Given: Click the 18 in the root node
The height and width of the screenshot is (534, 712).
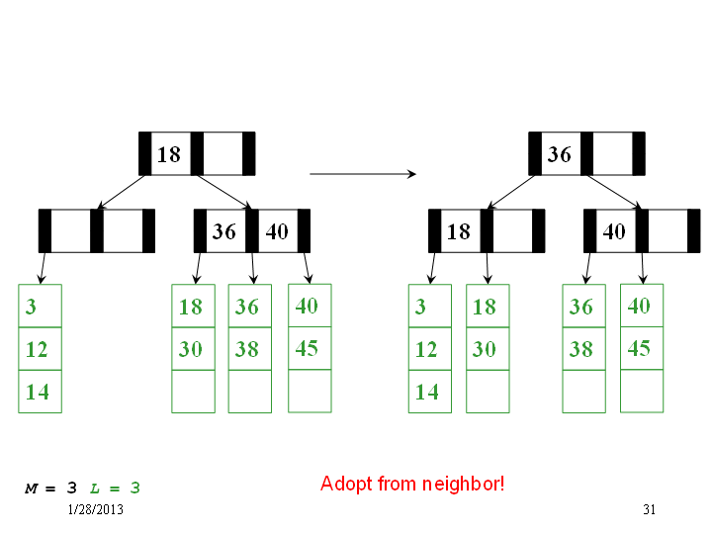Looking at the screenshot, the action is [x=169, y=154].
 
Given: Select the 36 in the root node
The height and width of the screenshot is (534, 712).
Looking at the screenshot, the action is [x=559, y=154].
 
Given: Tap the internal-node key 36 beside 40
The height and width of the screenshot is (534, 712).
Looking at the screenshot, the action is [x=224, y=231].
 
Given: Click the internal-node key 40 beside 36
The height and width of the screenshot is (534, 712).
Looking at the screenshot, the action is [x=277, y=231].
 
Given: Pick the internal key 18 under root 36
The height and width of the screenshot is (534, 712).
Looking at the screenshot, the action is [x=459, y=231].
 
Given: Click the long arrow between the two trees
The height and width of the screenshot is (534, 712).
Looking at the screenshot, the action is [x=363, y=173].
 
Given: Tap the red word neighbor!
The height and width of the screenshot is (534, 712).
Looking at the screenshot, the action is [x=463, y=484].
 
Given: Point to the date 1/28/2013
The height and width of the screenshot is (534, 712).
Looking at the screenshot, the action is [x=95, y=509].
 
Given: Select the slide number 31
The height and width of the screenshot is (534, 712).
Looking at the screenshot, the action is [x=650, y=509].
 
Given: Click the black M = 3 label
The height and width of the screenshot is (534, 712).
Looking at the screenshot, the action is [x=50, y=489].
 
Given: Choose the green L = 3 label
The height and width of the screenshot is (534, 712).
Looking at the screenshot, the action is [x=115, y=489].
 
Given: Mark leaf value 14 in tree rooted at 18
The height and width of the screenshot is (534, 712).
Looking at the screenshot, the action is [x=38, y=392].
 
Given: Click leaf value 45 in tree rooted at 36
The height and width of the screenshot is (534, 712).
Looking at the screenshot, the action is [x=639, y=348].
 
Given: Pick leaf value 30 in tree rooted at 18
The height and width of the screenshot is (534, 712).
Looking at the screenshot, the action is [x=190, y=349].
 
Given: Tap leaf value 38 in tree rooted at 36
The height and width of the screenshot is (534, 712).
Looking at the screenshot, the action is [x=581, y=349].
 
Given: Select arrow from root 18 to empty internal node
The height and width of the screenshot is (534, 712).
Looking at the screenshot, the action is [x=122, y=192].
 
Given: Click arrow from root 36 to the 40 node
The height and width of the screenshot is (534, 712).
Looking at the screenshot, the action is [x=614, y=192].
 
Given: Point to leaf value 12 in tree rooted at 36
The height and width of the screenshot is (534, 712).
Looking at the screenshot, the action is [x=426, y=349].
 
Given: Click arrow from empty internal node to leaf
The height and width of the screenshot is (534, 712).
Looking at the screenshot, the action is [x=43, y=268].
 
